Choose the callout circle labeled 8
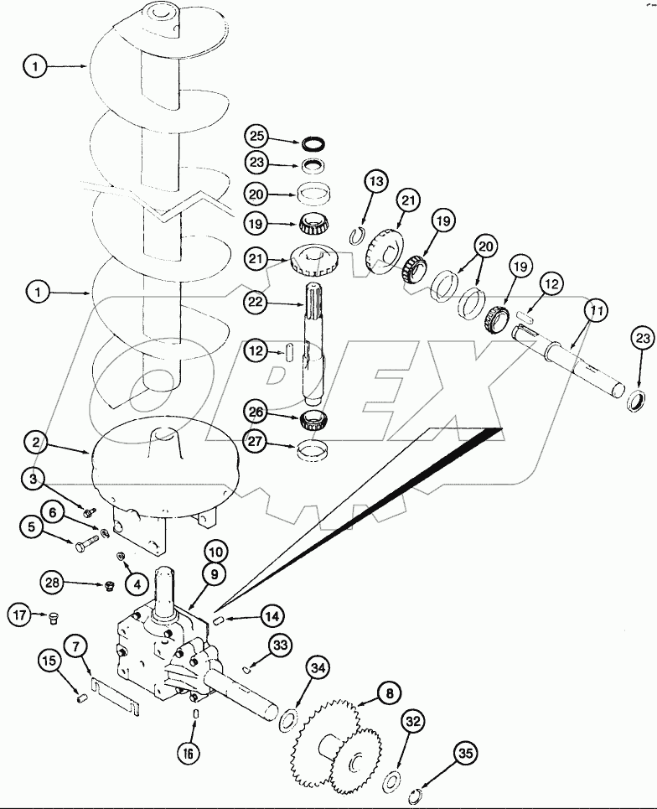389,693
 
